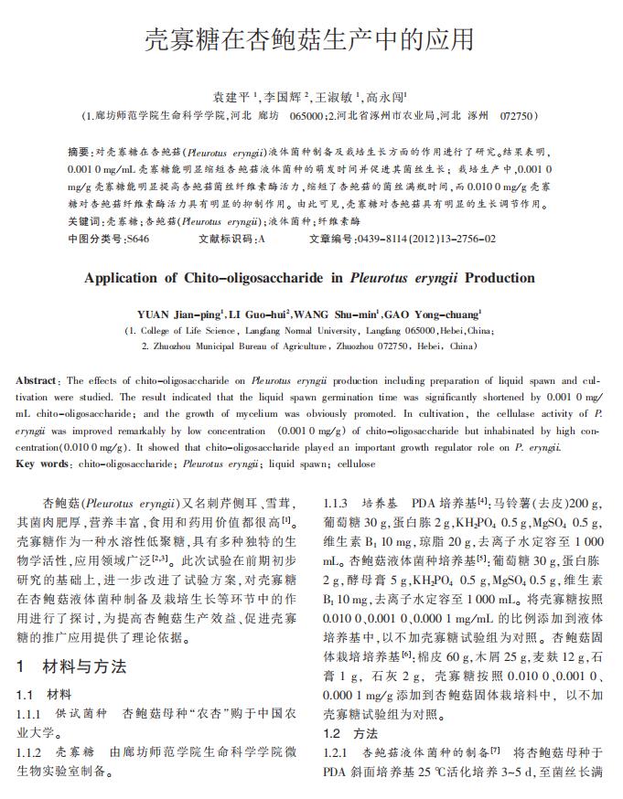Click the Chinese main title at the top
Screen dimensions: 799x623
311,40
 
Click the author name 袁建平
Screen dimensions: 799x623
231,95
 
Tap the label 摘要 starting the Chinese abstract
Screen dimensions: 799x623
80,151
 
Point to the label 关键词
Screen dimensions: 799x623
84,222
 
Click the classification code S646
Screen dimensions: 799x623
137,240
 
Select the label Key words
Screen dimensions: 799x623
43,464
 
